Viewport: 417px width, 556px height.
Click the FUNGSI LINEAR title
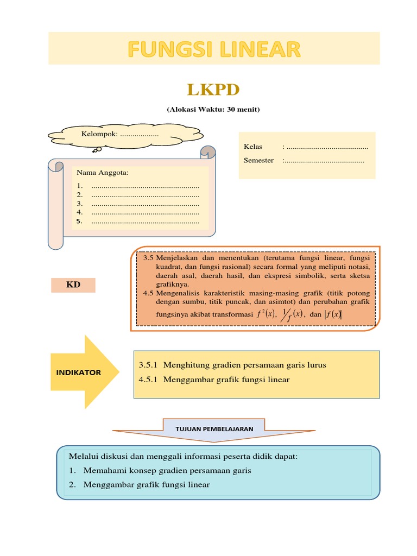click(x=214, y=49)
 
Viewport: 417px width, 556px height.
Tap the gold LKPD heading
click(x=213, y=89)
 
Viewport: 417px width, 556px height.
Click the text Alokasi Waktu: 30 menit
click(x=213, y=110)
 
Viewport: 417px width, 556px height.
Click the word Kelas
click(x=253, y=147)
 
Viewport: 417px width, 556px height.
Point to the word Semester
click(x=259, y=160)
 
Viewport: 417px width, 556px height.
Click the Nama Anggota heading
click(x=103, y=173)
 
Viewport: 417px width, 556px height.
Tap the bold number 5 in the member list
click(x=79, y=221)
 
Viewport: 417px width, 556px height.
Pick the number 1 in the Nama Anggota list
click(x=79, y=186)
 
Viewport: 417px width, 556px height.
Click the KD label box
click(x=73, y=285)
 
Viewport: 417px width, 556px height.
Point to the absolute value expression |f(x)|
click(x=332, y=314)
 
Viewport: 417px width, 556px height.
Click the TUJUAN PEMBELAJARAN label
click(x=214, y=428)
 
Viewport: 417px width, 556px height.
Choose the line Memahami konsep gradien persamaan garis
click(x=167, y=471)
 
